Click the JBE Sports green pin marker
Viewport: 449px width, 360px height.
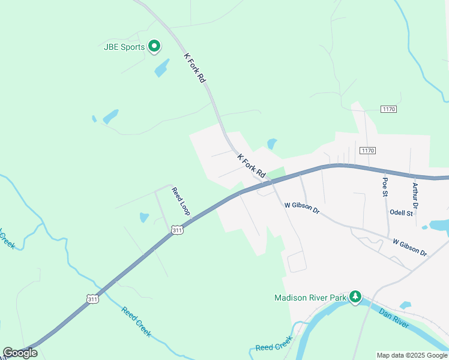coord(154,46)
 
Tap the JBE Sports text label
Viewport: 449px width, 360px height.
coord(124,47)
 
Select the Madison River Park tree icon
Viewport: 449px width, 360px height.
coord(356,296)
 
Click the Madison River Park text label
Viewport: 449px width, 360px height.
coord(310,298)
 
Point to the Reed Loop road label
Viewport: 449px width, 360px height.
coord(181,202)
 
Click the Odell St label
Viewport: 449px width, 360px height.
coord(401,213)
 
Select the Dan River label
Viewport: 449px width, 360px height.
coord(394,318)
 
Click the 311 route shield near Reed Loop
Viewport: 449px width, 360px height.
coord(176,230)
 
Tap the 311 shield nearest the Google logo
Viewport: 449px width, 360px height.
coord(92,298)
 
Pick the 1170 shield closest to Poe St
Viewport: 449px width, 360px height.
coord(367,150)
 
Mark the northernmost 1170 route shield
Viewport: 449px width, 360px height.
coord(389,109)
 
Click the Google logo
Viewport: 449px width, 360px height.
coord(20,353)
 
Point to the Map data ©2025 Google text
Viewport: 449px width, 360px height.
coord(412,355)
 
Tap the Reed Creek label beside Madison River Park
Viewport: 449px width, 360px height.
coord(274,344)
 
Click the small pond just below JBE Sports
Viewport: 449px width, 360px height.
coord(161,68)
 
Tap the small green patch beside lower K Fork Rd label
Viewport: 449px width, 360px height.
coord(276,173)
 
